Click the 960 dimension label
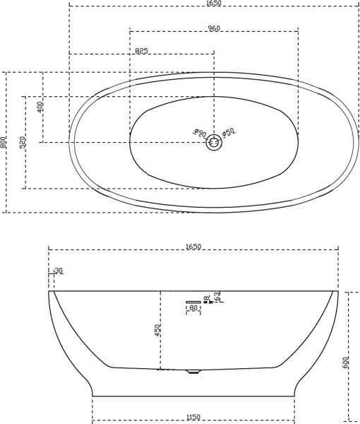tap(215, 28)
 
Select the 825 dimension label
tap(141, 50)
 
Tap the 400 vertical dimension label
tap(40, 107)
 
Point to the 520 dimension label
tap(23, 142)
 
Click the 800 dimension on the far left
tap(4, 142)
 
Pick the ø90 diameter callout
tap(199, 133)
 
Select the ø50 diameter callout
tap(228, 132)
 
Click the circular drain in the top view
tap(214, 143)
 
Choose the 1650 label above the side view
tap(193, 247)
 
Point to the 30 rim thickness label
tap(58, 271)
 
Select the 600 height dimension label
tap(345, 362)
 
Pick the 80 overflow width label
tap(193, 308)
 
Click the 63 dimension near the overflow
tap(217, 296)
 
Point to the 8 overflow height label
tap(205, 299)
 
